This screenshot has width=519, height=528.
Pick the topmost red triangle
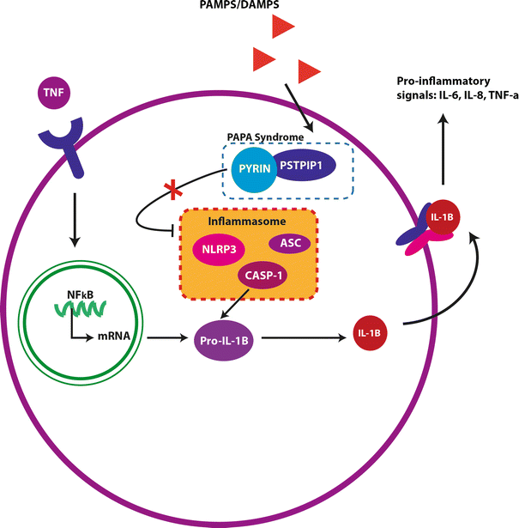[284, 29]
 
